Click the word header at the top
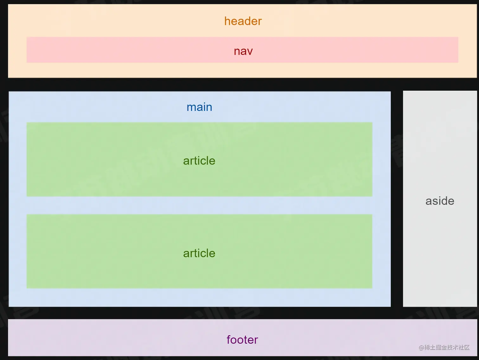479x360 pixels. (243, 21)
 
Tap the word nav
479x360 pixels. (243, 51)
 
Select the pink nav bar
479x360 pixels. (127, 50)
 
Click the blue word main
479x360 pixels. (199, 107)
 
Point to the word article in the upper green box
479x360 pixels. (199, 161)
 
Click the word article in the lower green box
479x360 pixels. (199, 253)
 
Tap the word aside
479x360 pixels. (440, 201)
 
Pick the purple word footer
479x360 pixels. (242, 340)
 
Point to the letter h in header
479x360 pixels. (227, 21)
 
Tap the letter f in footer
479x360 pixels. (229, 339)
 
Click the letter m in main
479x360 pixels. (191, 107)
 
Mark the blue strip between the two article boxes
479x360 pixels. (199, 205)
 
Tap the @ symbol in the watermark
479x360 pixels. (421, 348)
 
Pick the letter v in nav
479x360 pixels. (250, 52)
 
